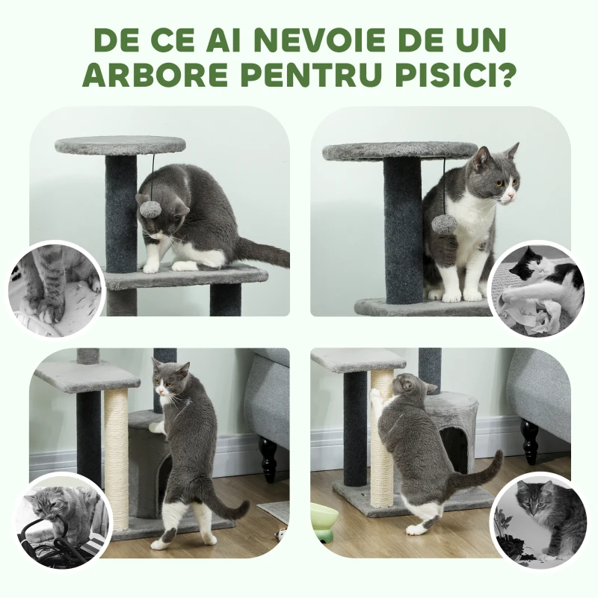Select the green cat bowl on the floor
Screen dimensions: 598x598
324,520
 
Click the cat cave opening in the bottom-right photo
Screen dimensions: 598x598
454,449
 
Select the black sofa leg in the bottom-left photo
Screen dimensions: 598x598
267,458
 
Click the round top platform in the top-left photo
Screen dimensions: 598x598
120,144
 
